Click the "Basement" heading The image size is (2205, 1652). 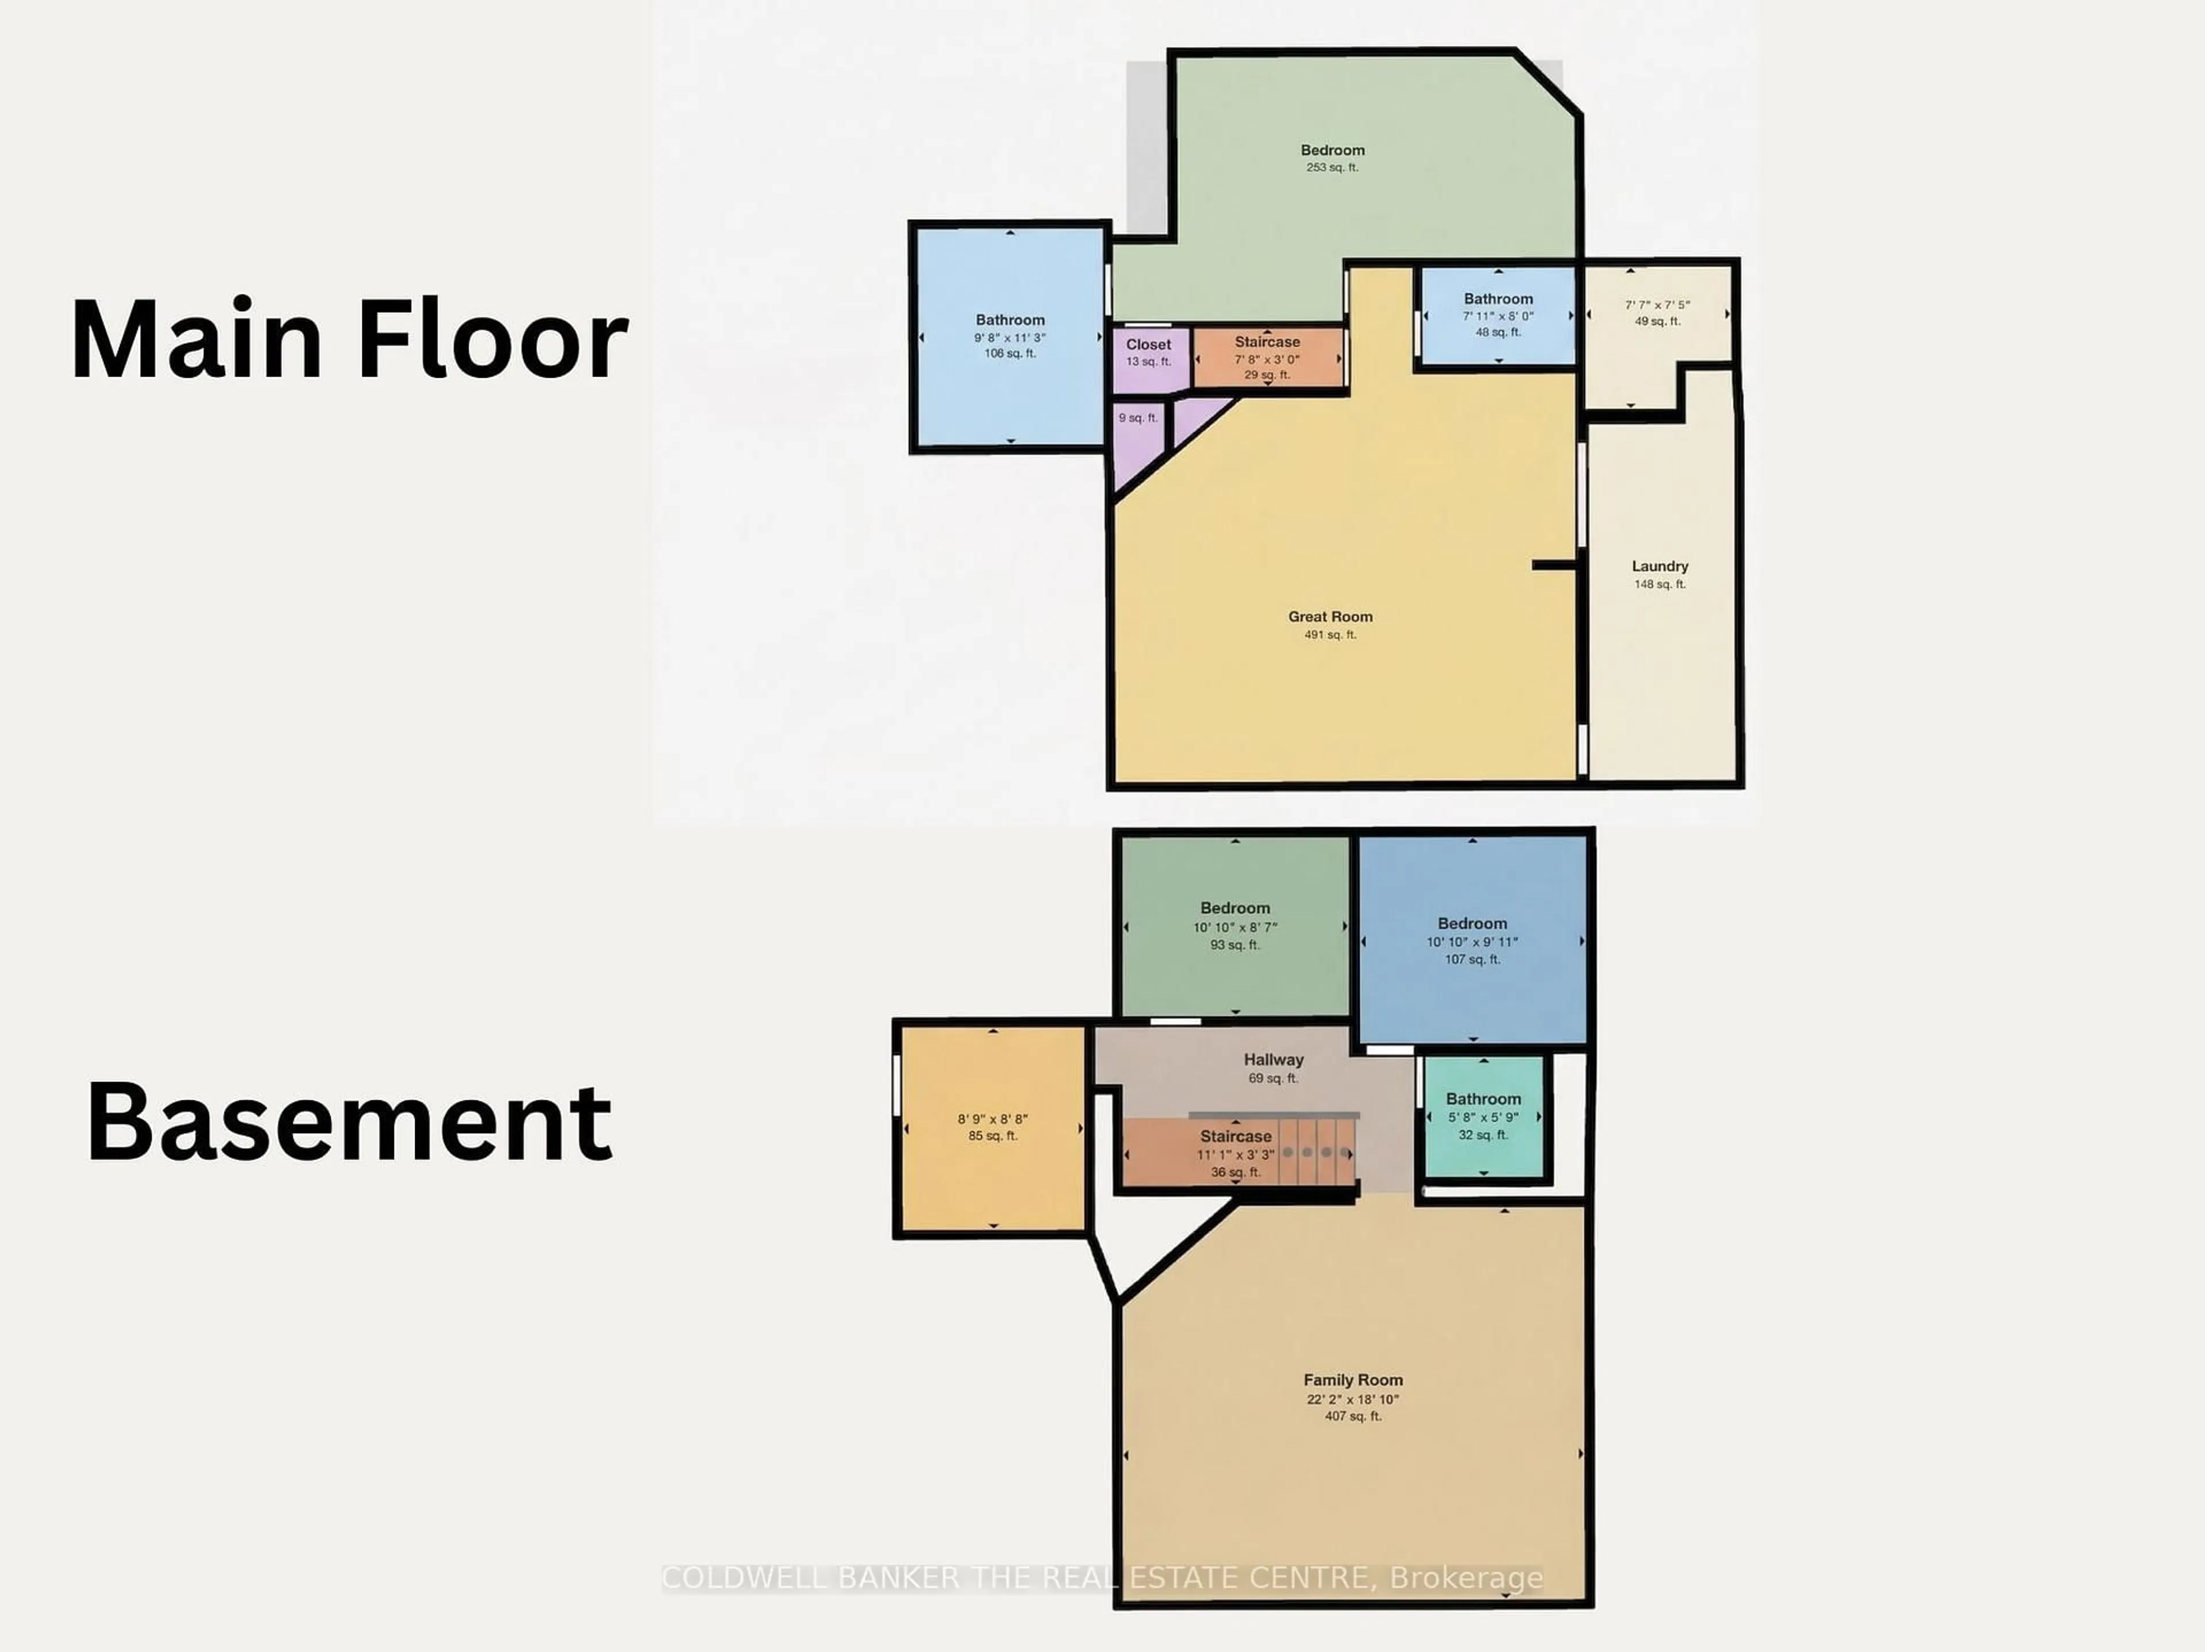click(349, 1122)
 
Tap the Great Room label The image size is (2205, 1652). click(1330, 616)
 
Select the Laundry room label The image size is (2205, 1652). click(1659, 566)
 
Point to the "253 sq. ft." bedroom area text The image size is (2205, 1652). click(1332, 168)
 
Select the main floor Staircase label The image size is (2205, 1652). click(1267, 342)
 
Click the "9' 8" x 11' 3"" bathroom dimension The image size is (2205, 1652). click(1010, 338)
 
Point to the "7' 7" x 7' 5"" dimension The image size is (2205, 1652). click(1658, 305)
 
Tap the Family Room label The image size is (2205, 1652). click(1353, 1380)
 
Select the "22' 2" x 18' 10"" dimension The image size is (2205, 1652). click(1353, 1399)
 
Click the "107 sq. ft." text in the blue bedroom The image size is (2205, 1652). click(1472, 960)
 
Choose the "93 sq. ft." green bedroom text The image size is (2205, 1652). click(1235, 945)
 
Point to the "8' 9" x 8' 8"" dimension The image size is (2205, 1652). click(993, 1119)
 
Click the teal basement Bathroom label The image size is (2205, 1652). click(1483, 1099)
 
